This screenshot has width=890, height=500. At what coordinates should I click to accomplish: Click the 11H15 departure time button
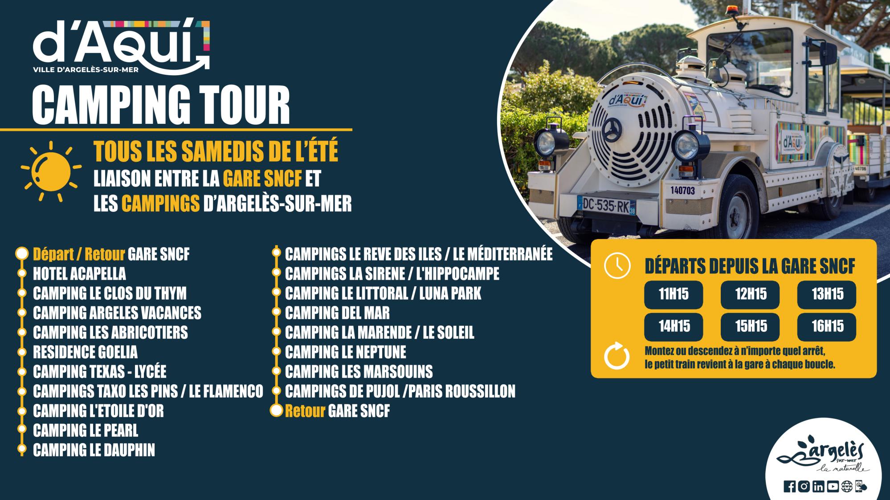coord(673,294)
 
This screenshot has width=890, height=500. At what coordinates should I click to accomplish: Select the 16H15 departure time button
coord(827,327)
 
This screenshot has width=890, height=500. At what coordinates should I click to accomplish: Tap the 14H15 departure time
coord(673,327)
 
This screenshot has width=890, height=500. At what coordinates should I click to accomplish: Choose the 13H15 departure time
coord(827,294)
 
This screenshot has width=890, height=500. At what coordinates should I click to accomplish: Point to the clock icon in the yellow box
coord(617,266)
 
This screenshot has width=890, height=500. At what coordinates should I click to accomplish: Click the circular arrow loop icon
coord(617,356)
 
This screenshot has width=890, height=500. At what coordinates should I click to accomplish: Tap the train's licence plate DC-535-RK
coord(606,206)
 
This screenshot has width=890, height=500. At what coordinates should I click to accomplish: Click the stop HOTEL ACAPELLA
coord(79,274)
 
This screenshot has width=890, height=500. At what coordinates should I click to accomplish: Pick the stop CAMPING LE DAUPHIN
coord(94,450)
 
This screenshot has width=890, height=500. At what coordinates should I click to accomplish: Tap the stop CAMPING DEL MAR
coord(337,313)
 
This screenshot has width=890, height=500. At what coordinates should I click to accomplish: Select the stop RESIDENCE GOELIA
coord(85,352)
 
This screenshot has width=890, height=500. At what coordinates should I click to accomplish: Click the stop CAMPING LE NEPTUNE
coord(346,352)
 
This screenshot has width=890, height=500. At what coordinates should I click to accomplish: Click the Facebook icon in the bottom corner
coord(789,487)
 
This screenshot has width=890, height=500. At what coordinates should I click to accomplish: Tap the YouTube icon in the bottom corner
coord(833,487)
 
